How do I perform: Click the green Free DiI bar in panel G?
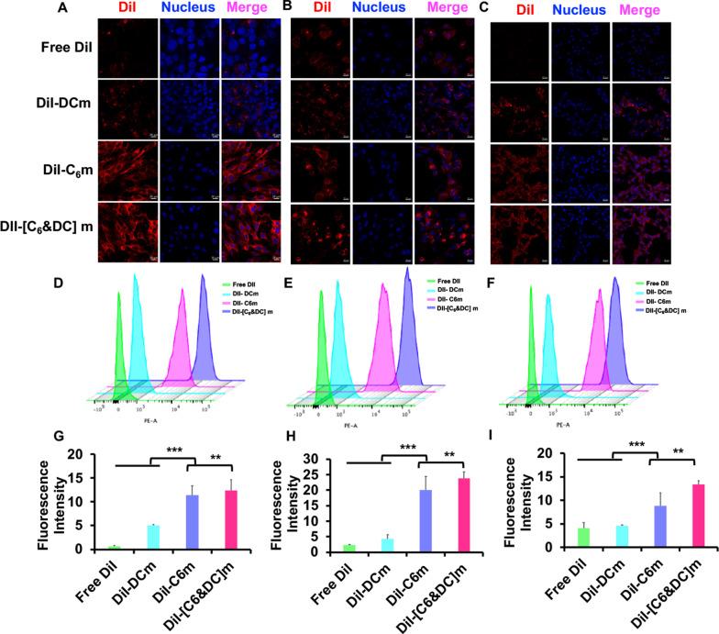115,547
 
